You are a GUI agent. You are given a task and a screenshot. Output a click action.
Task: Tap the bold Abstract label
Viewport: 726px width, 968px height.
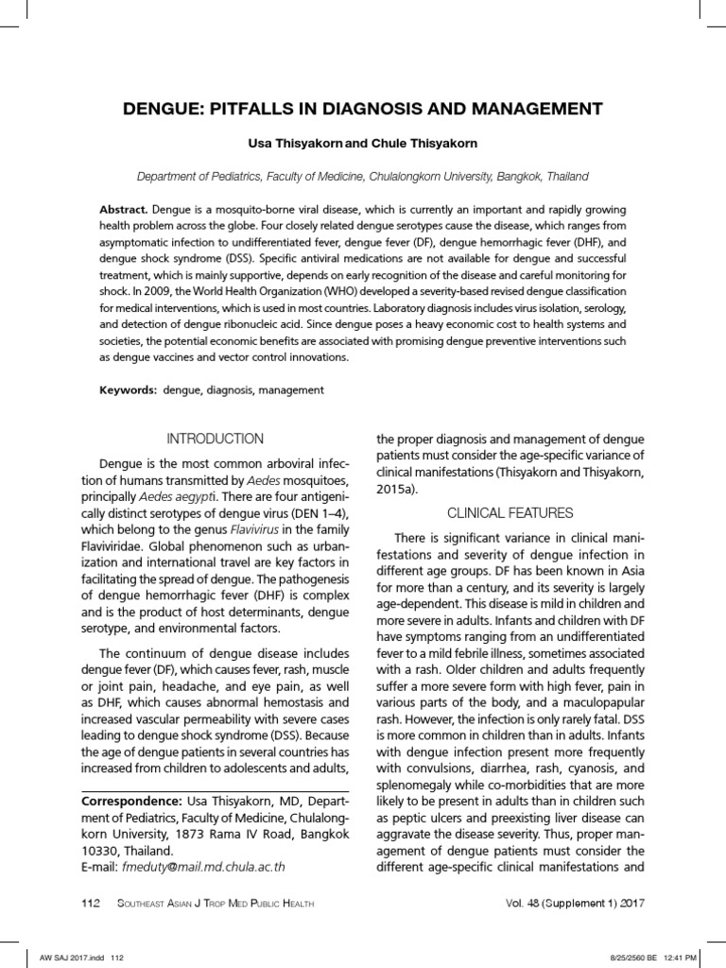coord(123,208)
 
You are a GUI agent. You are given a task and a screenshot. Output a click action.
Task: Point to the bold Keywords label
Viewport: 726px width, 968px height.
coord(130,389)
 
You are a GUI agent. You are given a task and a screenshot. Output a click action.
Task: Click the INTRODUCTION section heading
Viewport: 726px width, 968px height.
coord(216,439)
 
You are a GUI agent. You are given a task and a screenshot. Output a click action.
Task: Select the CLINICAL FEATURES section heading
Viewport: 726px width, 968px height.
coord(510,512)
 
